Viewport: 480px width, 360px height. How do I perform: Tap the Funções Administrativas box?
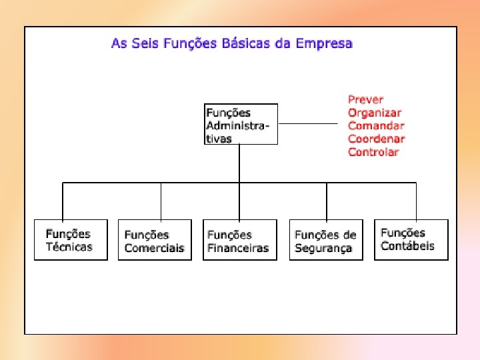tap(241, 124)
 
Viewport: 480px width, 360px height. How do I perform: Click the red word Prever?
tap(365, 99)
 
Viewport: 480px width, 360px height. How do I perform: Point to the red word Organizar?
tap(374, 113)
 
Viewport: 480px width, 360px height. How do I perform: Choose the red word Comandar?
tap(376, 125)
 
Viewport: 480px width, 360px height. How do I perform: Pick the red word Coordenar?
tap(376, 139)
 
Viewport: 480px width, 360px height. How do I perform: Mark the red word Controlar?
tap(373, 152)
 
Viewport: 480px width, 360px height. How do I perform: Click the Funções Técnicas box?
tap(71, 240)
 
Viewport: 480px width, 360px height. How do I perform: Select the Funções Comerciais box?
tap(155, 240)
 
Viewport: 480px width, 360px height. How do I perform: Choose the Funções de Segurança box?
tap(326, 240)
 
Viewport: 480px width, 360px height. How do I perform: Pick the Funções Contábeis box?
tap(411, 239)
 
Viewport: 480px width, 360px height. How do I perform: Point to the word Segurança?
tap(323, 248)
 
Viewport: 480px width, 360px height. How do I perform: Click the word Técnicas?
tap(69, 247)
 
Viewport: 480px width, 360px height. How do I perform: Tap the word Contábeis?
tap(407, 246)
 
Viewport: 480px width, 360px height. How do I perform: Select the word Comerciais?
tap(154, 248)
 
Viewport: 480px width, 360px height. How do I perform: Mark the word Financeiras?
tap(238, 248)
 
